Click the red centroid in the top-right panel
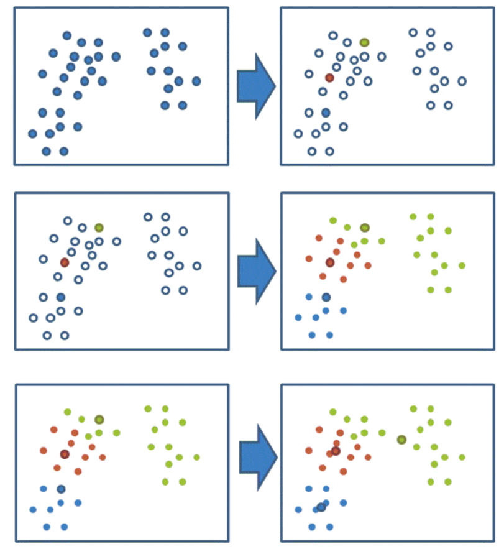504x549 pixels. click(x=329, y=78)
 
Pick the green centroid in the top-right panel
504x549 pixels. click(x=364, y=42)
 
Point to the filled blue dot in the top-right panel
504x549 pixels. click(x=326, y=113)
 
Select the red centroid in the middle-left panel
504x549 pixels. click(x=64, y=262)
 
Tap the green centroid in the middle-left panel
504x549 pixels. click(x=99, y=228)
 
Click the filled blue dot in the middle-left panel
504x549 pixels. click(x=60, y=297)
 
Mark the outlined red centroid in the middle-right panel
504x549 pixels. click(x=329, y=262)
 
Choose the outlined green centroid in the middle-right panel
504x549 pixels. click(x=365, y=228)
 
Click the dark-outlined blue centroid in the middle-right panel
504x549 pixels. click(x=326, y=297)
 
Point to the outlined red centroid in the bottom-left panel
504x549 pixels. click(x=65, y=454)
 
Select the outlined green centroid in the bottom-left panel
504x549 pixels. click(x=99, y=419)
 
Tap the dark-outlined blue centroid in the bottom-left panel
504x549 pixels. click(x=60, y=489)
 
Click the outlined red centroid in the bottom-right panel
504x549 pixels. click(x=336, y=451)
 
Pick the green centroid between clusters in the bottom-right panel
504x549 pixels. click(x=401, y=440)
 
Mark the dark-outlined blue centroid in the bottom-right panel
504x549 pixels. click(x=321, y=507)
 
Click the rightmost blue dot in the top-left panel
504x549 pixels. click(x=196, y=81)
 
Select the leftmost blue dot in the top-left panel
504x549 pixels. click(x=32, y=134)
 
